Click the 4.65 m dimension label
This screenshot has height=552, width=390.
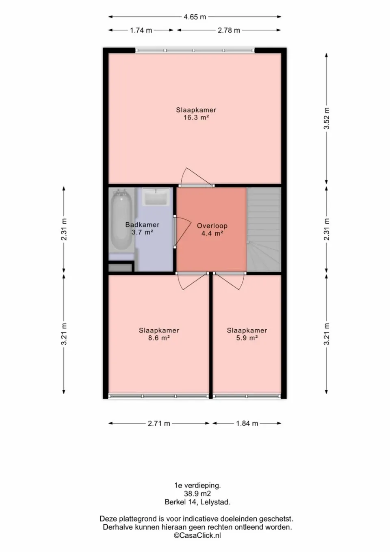(x=195, y=17)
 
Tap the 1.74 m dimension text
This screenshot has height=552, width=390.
(x=141, y=30)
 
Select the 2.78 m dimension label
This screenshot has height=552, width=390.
(x=229, y=30)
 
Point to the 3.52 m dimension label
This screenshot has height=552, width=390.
(x=327, y=118)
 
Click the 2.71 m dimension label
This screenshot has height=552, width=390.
(x=159, y=424)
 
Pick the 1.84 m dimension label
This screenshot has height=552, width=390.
(x=247, y=424)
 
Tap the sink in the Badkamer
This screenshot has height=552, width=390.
(x=156, y=197)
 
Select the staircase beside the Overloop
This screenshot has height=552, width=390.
(x=264, y=229)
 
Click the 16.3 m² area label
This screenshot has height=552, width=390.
(x=196, y=117)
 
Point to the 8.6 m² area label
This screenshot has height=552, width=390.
(x=159, y=338)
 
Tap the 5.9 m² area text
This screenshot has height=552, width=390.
(x=247, y=338)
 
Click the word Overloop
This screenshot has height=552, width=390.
(x=212, y=226)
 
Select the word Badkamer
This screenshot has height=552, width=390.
(x=142, y=225)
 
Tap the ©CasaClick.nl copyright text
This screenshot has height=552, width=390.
(x=197, y=535)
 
